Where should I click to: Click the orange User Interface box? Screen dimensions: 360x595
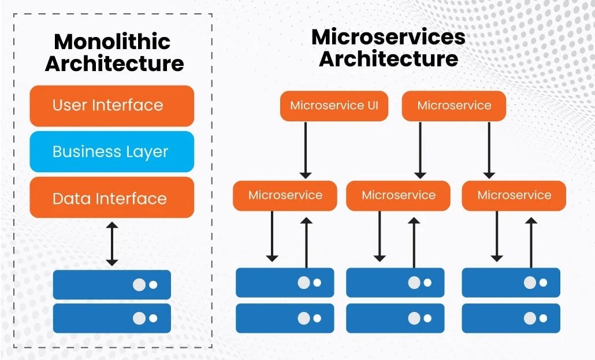[x=111, y=106]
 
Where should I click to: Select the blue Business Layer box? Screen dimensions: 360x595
[x=111, y=152]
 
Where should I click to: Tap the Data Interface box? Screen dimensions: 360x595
[x=111, y=198]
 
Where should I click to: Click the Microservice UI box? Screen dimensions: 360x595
[x=334, y=106]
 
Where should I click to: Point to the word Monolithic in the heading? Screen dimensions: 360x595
[x=112, y=42]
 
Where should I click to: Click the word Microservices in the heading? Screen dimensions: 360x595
[x=388, y=38]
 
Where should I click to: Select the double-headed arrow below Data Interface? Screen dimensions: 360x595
[x=112, y=243]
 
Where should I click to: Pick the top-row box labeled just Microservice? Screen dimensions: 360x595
[x=454, y=106]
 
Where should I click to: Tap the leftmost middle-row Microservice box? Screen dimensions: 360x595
[x=285, y=195]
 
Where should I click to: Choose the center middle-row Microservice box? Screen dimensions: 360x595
[x=399, y=195]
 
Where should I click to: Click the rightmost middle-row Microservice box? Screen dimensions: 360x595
[x=514, y=195]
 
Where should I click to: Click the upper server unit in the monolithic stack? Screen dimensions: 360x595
[x=112, y=284]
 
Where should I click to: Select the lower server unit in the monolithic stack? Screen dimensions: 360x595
[x=112, y=318]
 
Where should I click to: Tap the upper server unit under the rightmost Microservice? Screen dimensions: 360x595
[x=511, y=283]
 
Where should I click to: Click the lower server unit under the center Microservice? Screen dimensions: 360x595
[x=395, y=318]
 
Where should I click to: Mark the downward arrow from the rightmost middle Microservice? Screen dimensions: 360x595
[x=496, y=236]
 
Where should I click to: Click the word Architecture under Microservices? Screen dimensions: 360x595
[x=388, y=59]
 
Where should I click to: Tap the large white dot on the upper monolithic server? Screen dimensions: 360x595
[x=139, y=285]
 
